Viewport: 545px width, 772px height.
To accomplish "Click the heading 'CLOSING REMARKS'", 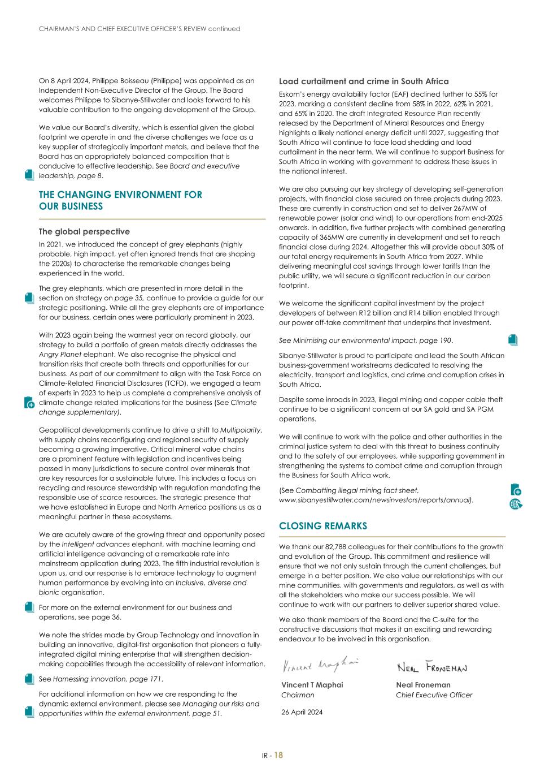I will click(x=322, y=526).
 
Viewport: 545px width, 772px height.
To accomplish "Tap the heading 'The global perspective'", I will click(x=84, y=232).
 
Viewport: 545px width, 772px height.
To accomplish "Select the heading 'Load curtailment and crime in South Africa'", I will click(x=364, y=81).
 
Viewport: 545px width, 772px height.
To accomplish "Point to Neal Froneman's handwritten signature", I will click(x=432, y=668).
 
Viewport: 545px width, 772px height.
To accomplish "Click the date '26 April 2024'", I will click(x=302, y=712).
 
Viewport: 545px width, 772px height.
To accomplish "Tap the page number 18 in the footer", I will click(x=279, y=756).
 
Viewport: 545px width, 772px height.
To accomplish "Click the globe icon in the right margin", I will click(x=516, y=503).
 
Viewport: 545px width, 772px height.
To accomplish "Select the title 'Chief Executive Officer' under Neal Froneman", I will click(x=434, y=695).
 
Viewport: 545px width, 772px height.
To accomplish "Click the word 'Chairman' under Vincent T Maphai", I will click(x=298, y=695).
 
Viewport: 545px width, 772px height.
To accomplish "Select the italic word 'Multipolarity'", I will click(x=241, y=430).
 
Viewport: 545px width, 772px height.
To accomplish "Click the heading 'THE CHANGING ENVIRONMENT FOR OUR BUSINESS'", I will click(x=120, y=200).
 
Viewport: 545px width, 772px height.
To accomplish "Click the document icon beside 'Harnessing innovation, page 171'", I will click(x=29, y=679).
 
